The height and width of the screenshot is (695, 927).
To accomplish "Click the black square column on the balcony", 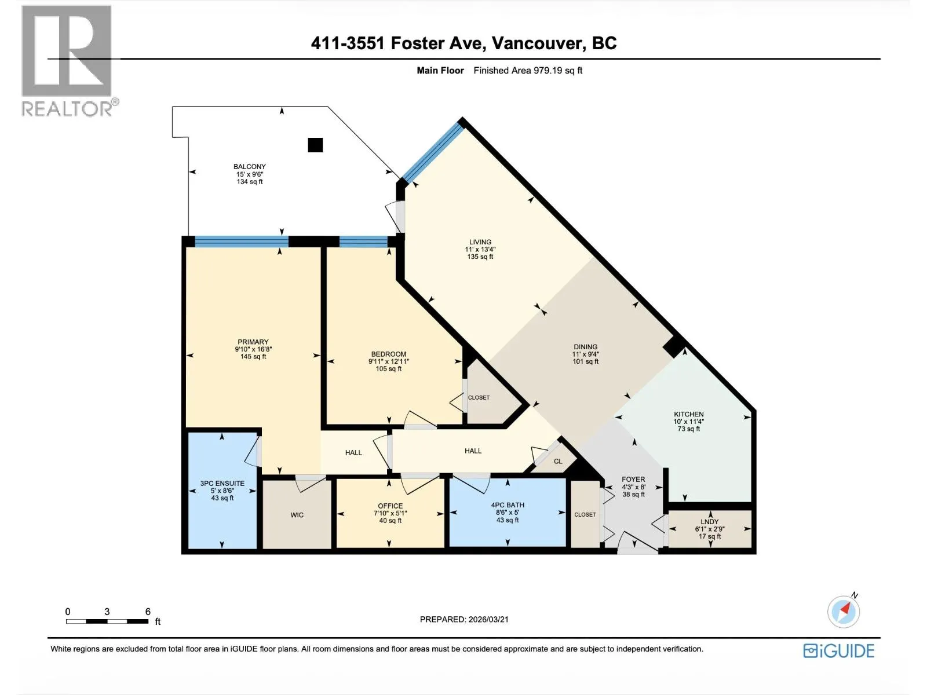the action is pos(315,145).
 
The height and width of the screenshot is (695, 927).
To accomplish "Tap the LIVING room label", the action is pos(480,242).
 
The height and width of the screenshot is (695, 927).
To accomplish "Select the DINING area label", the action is pos(585,347).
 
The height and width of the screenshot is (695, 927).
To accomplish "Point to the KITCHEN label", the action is pos(688,414).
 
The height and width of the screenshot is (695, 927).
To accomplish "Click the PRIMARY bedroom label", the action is pos(253,342).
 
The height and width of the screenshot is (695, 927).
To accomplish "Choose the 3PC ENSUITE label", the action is pos(222,483).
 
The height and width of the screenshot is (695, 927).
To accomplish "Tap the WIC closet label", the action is pos(297,515).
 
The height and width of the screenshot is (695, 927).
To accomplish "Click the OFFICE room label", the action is pos(390,506).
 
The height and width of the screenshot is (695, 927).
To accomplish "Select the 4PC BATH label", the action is pos(508,505).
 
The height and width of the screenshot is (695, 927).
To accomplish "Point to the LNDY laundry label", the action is pos(710,522).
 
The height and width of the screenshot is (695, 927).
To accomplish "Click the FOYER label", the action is pos(633,480).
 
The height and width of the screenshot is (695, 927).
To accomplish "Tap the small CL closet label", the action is pos(558,461).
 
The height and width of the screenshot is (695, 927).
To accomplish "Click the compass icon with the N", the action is pos(844,611).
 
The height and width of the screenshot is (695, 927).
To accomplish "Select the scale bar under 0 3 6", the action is pos(107,621).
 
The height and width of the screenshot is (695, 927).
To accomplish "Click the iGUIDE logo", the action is pos(839,650).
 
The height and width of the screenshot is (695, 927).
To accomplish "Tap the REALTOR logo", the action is pos(68,61).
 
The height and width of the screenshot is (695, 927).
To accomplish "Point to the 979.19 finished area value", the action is pos(548,71).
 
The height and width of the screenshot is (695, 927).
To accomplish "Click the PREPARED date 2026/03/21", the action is pos(488,620).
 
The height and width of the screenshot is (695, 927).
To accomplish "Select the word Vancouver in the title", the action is pos(538,43).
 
